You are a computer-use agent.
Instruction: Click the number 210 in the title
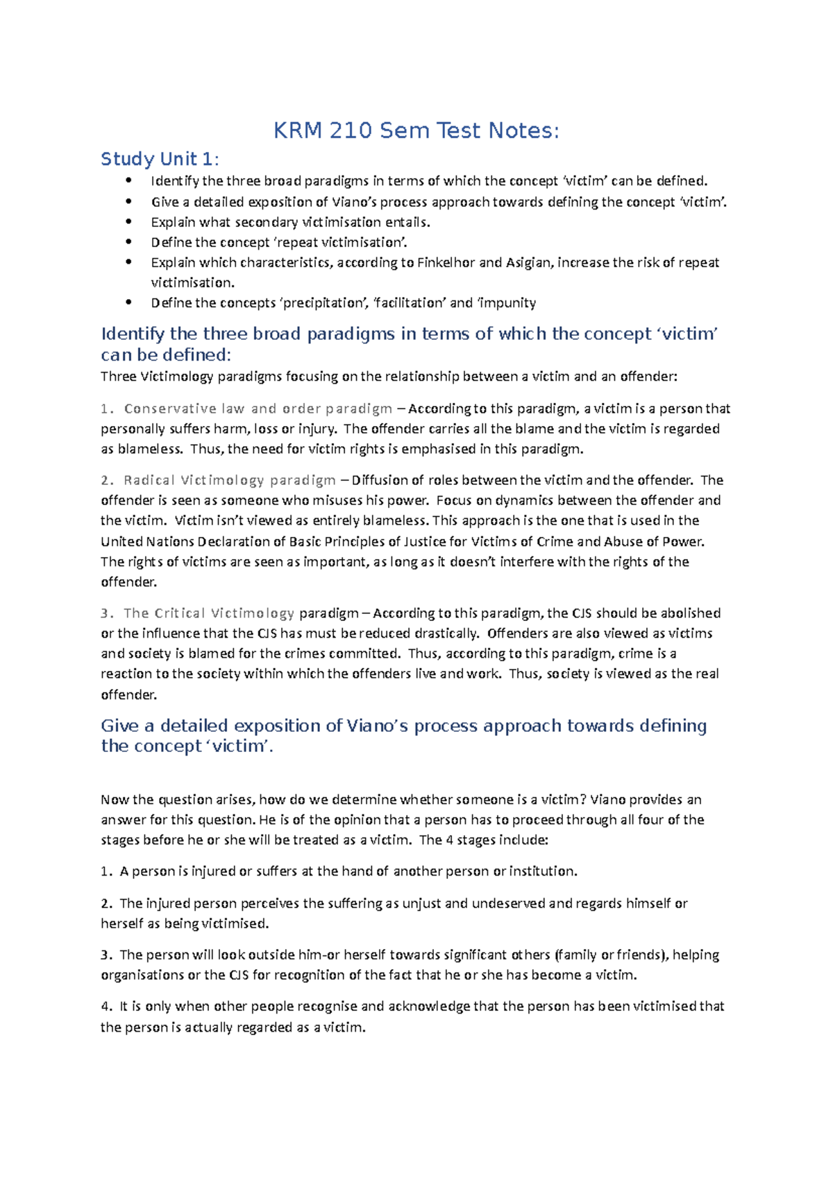click(x=351, y=130)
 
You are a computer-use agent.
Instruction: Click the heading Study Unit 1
click(x=159, y=159)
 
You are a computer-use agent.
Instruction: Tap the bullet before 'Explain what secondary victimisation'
click(x=128, y=222)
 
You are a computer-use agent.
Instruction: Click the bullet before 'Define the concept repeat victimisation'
click(x=128, y=242)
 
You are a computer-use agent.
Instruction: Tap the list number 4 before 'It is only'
click(x=105, y=1007)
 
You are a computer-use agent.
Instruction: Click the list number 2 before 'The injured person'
click(x=105, y=903)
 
